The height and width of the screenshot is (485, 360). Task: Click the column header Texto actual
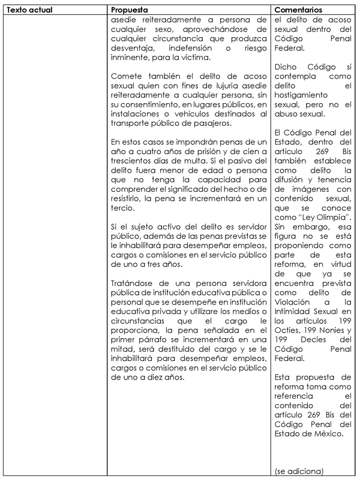(27, 10)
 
